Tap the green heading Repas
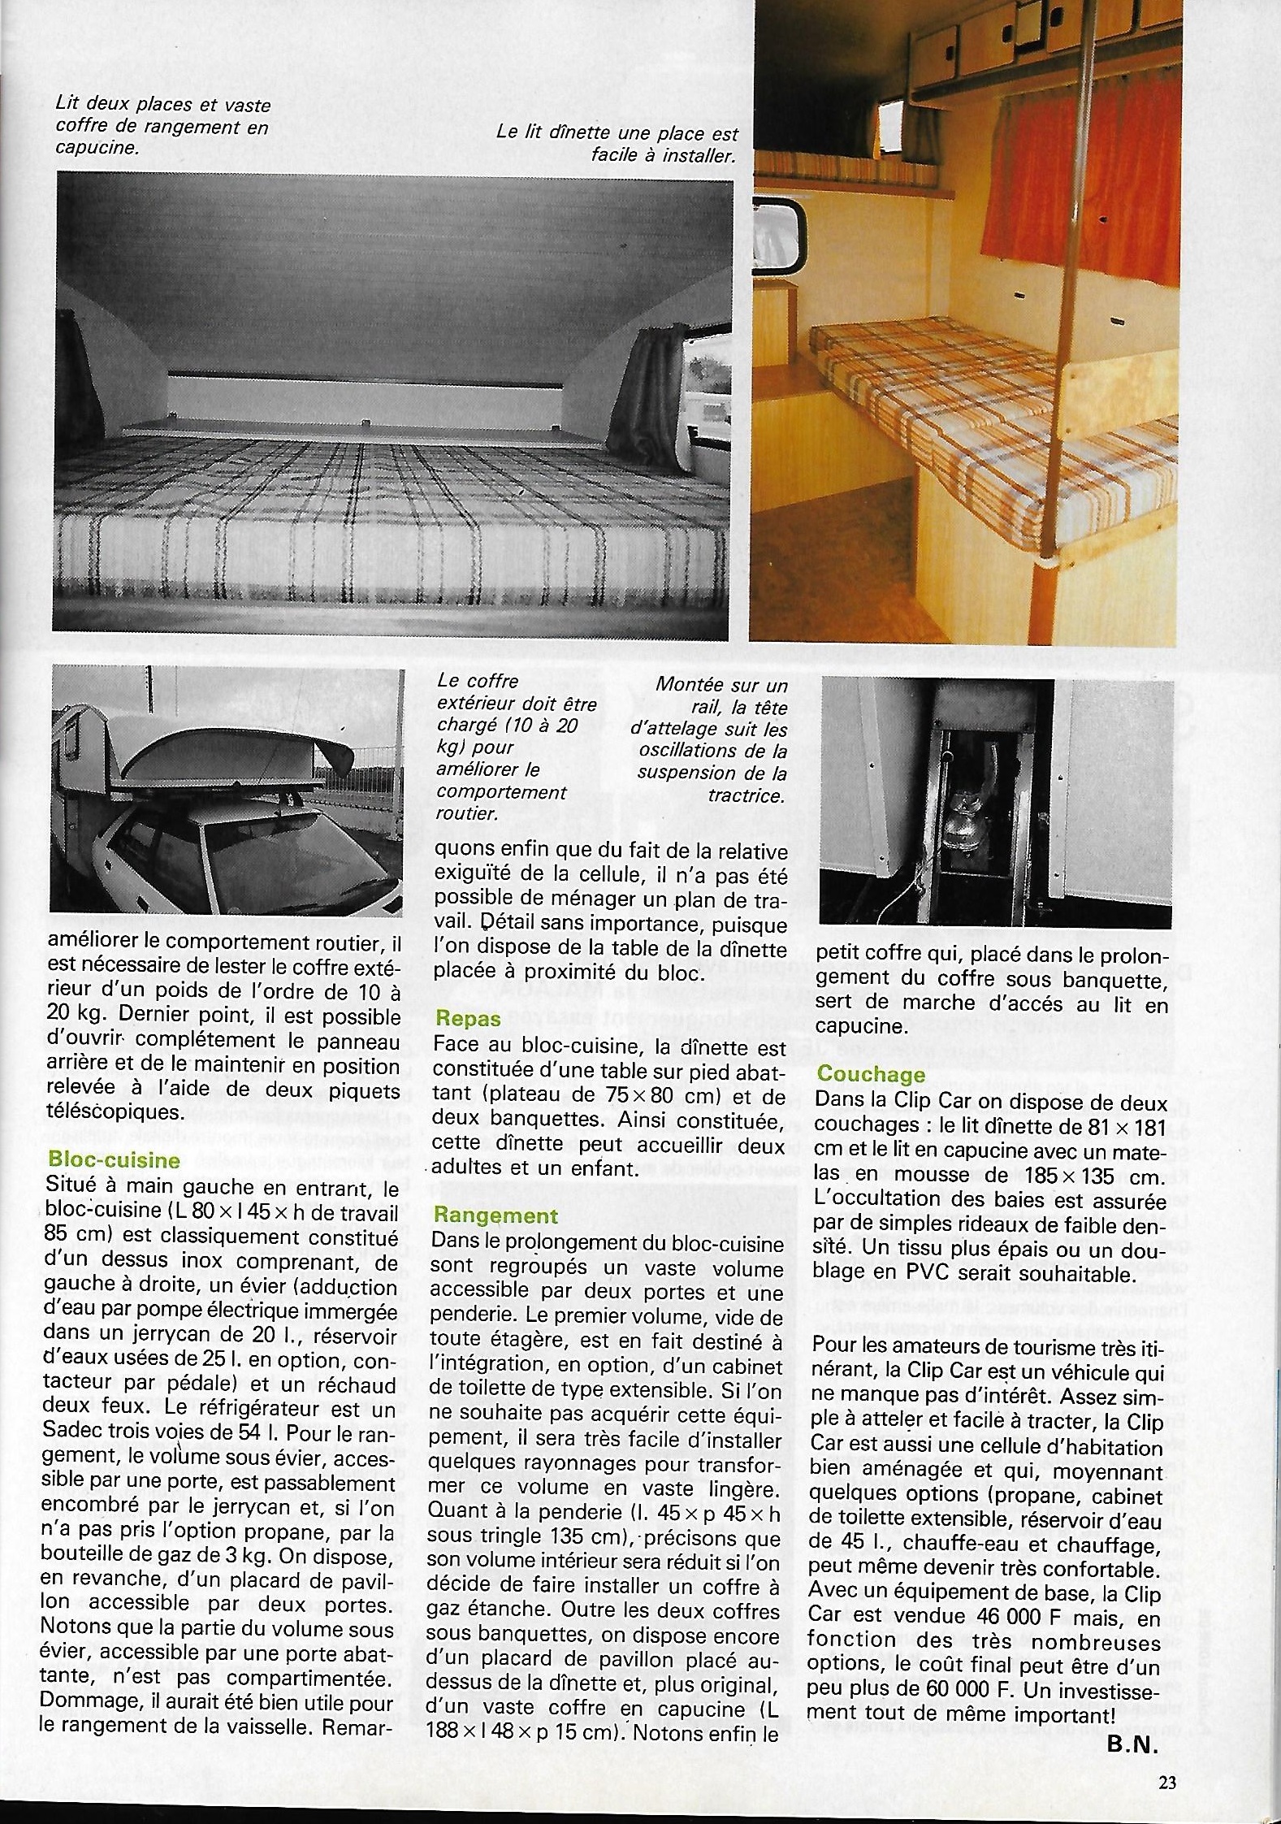[468, 1018]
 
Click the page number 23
[1167, 1777]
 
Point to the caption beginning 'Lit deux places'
[162, 126]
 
